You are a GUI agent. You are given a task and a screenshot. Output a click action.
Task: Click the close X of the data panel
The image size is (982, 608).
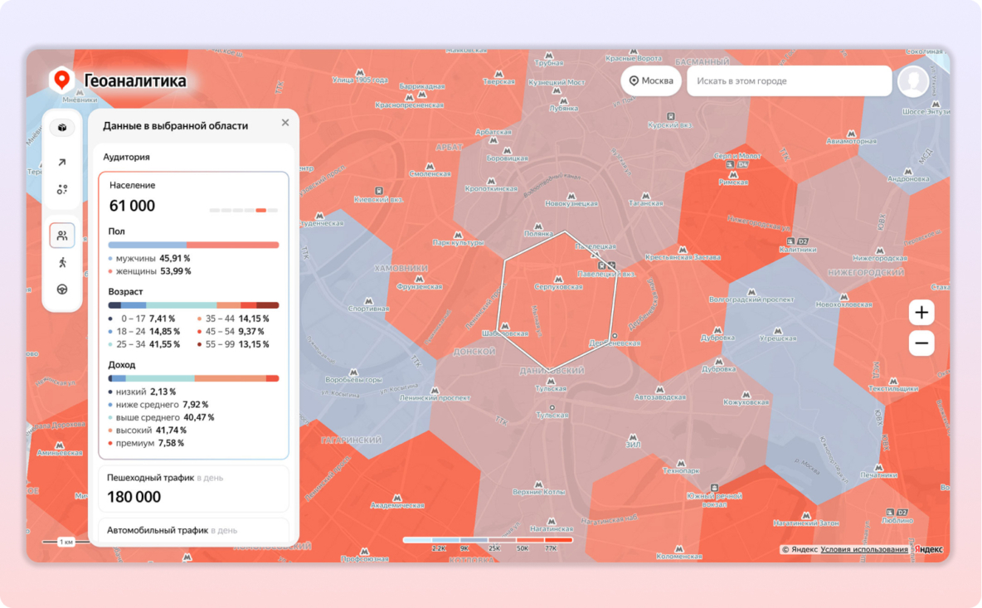click(285, 123)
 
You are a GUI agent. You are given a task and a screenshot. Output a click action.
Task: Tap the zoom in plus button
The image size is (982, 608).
click(921, 313)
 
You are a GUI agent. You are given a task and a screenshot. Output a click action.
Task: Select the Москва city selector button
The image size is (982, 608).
click(651, 81)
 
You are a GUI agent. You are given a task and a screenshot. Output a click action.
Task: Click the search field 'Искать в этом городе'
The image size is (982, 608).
click(788, 81)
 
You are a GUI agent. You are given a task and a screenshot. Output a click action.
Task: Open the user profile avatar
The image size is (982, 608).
click(913, 81)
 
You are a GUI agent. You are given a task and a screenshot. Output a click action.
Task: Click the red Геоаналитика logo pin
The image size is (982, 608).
click(61, 80)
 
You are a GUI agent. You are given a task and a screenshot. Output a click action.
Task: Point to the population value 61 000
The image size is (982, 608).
click(133, 206)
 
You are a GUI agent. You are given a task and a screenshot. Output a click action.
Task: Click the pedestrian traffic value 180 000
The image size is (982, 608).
click(134, 497)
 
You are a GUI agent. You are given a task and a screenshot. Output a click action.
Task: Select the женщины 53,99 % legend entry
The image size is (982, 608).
click(153, 271)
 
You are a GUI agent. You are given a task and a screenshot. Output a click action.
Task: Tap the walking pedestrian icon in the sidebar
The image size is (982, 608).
click(62, 263)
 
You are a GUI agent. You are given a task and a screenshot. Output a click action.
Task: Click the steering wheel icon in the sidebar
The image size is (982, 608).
click(62, 289)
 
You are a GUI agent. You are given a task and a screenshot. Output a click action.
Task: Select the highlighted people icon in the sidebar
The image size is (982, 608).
click(62, 236)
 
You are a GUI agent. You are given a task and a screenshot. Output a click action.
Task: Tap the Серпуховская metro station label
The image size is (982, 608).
click(558, 287)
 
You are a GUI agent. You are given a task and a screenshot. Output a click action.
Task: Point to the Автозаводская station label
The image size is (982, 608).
click(660, 397)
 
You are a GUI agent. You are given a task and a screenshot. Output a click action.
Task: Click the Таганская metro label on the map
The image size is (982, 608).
click(645, 203)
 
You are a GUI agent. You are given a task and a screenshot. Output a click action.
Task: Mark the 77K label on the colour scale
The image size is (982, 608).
click(551, 548)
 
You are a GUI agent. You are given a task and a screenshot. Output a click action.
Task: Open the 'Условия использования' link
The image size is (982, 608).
click(864, 549)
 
